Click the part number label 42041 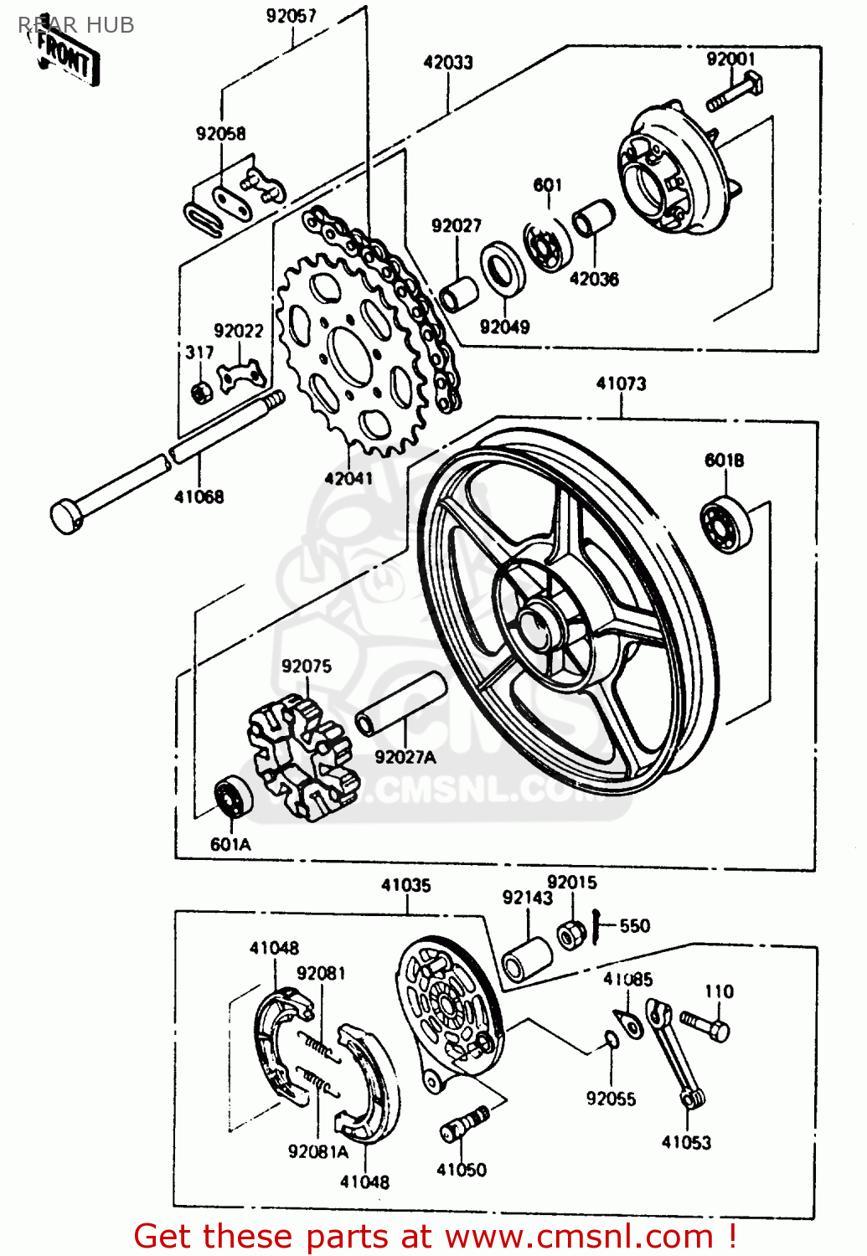tap(348, 479)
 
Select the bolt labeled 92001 tap(733, 93)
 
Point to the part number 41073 tap(621, 384)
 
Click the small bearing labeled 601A tap(234, 796)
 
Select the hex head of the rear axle tap(68, 515)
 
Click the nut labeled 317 tap(201, 390)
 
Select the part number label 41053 tap(686, 1142)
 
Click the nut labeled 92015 tap(571, 934)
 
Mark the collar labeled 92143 tap(527, 960)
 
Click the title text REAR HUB tap(76, 25)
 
